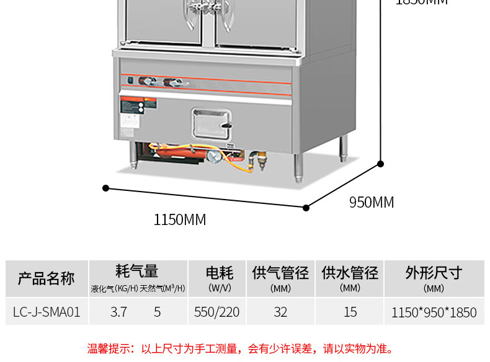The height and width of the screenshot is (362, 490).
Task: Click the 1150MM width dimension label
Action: tap(180, 219)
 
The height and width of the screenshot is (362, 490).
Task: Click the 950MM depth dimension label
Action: tap(372, 202)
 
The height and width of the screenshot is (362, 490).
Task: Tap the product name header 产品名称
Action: tap(47, 278)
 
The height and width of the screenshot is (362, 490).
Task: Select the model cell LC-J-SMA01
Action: tap(47, 312)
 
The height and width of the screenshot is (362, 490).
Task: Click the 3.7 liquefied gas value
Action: tap(118, 312)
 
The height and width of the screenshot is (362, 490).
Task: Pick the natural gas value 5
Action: tap(158, 312)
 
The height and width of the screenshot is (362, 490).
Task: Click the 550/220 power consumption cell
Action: tap(216, 312)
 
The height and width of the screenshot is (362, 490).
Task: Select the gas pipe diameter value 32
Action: tap(280, 312)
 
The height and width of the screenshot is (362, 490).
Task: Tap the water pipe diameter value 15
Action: tap(350, 312)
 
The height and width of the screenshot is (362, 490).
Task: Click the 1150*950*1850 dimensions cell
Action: tap(434, 312)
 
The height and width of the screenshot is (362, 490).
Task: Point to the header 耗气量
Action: tap(137, 271)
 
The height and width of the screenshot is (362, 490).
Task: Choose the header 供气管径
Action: tap(280, 273)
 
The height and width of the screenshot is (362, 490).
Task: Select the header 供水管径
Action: tap(350, 273)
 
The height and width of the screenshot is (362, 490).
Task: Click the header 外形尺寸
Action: tap(434, 273)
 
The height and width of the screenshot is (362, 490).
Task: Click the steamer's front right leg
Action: tap(299, 167)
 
